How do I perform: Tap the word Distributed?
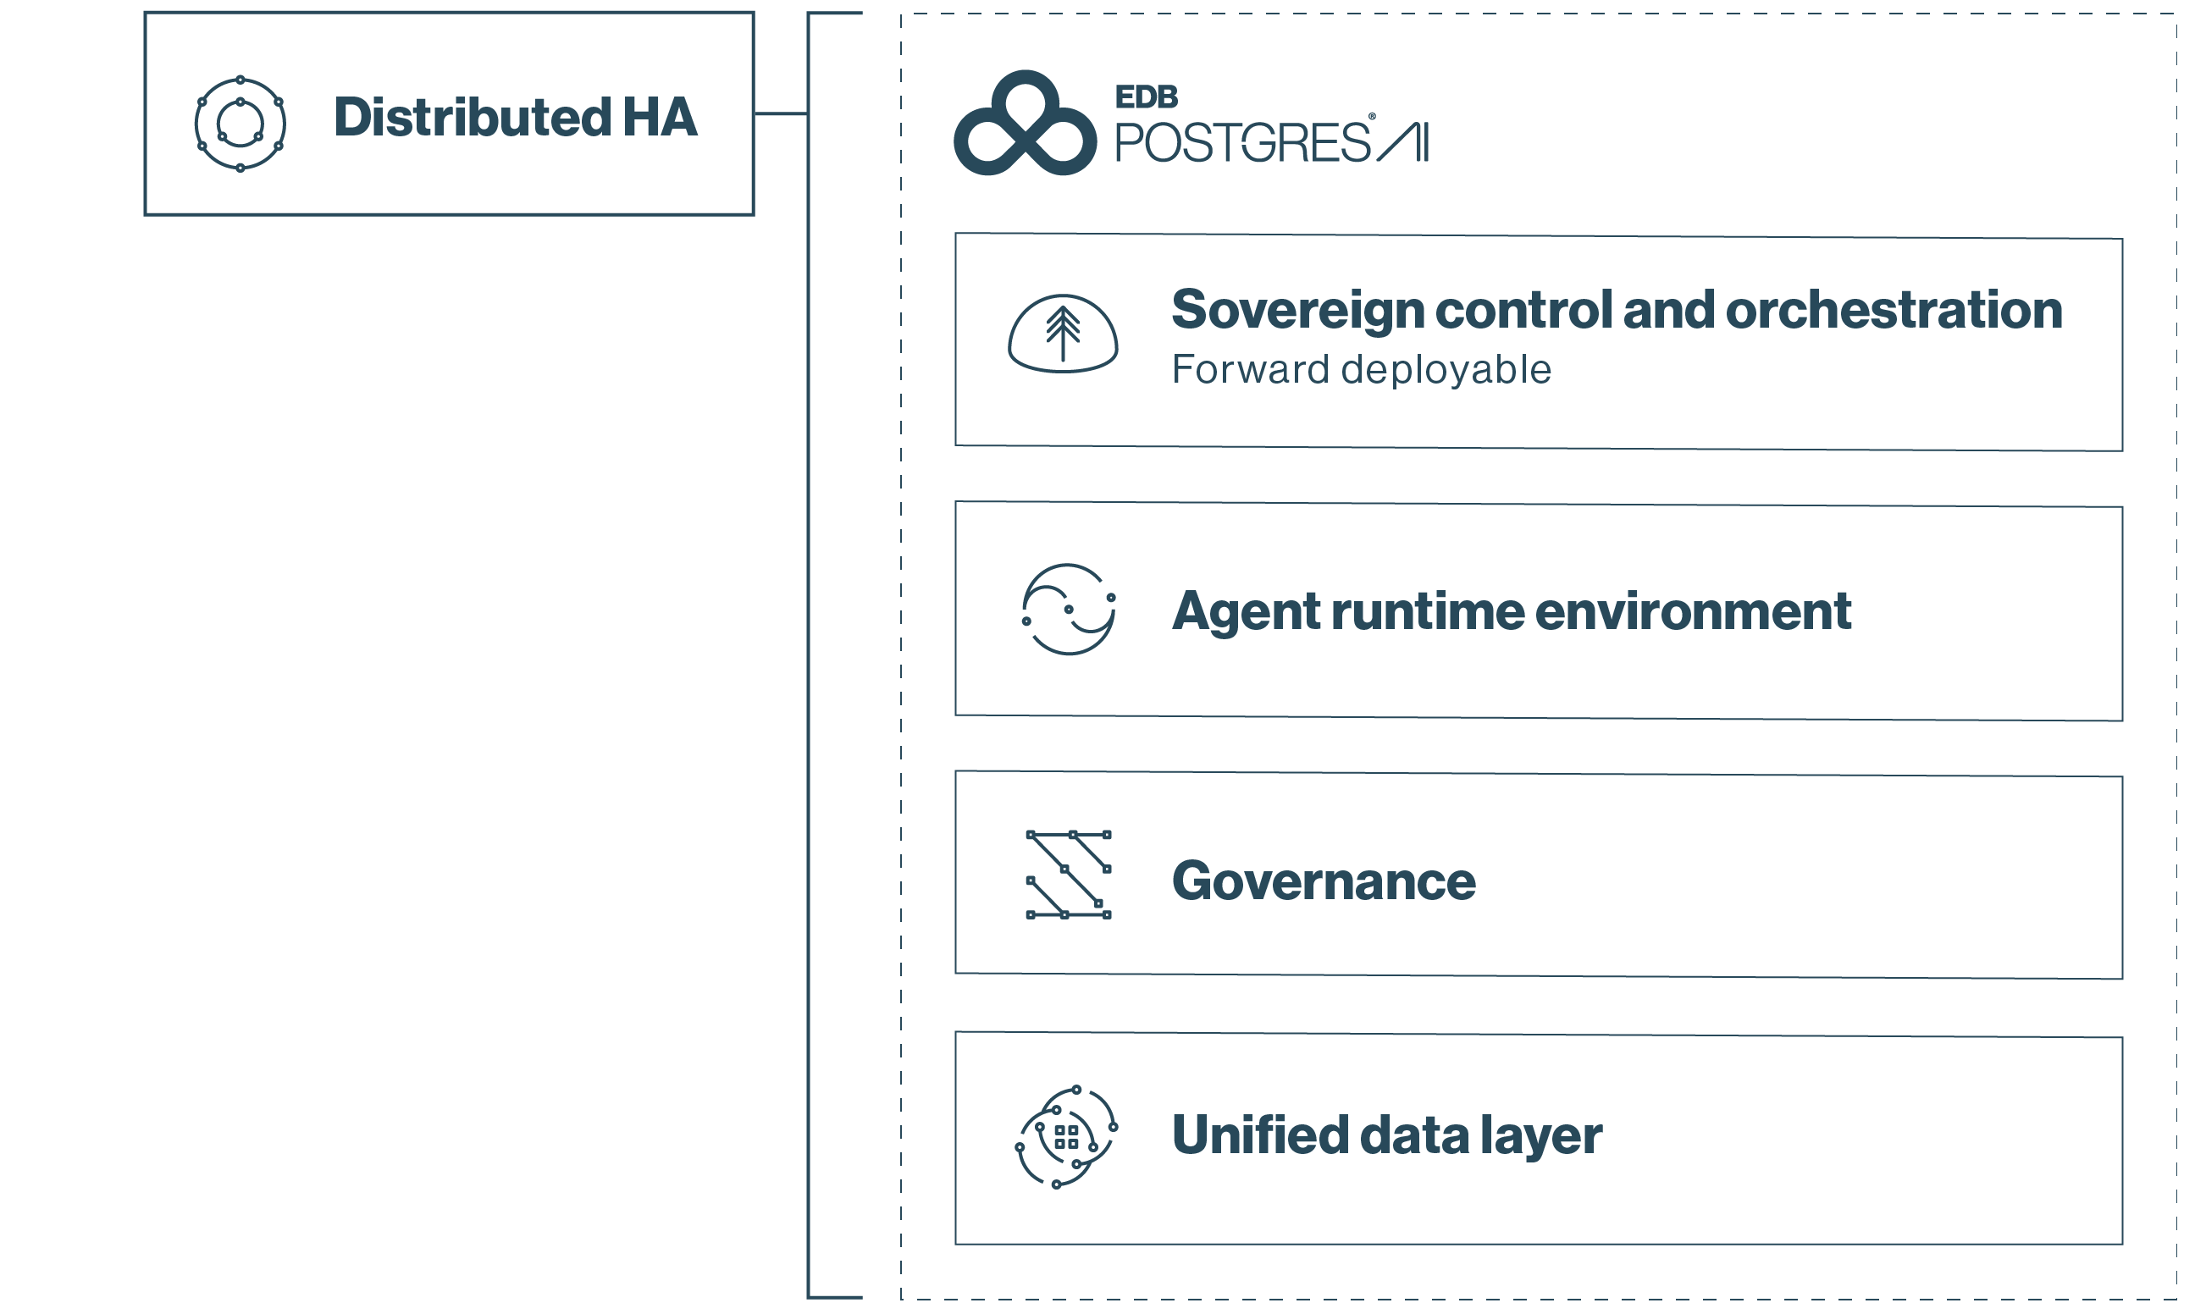472,117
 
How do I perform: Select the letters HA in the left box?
660,117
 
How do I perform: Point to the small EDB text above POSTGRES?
1147,97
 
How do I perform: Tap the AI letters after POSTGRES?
1403,141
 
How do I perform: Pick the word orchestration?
1894,310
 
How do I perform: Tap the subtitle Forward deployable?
1361,369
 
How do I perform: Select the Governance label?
1324,881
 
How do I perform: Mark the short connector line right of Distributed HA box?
781,113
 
